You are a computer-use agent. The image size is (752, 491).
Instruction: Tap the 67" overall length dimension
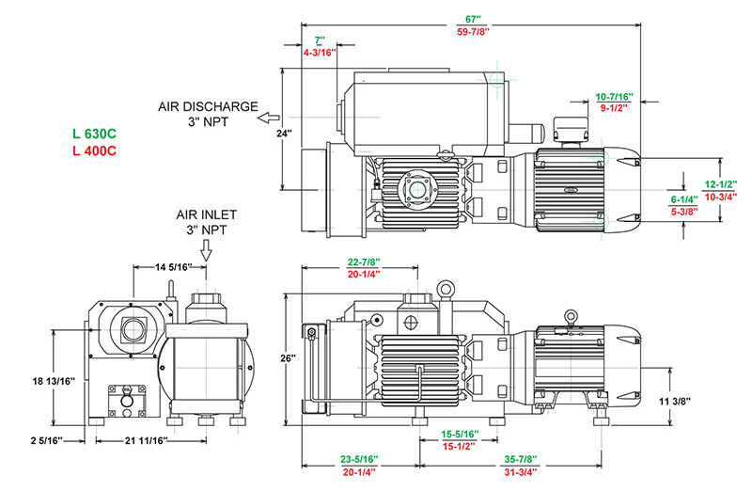coord(472,18)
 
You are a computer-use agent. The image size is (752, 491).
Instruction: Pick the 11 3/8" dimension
coord(674,402)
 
